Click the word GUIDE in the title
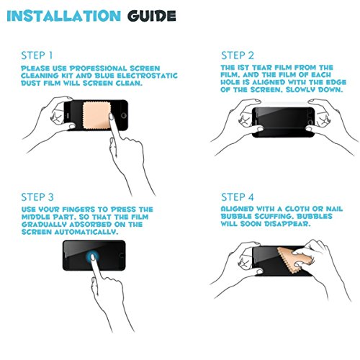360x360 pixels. click(x=152, y=16)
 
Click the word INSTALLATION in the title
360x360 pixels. click(x=64, y=16)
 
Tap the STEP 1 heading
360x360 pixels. click(x=37, y=55)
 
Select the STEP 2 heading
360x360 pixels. click(x=238, y=55)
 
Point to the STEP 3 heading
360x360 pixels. click(x=37, y=197)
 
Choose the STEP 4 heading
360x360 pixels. click(x=238, y=197)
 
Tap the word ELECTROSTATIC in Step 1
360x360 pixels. click(x=147, y=76)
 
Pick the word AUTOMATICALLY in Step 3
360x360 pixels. click(x=86, y=232)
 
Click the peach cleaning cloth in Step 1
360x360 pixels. click(x=96, y=115)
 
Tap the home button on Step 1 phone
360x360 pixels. click(x=124, y=116)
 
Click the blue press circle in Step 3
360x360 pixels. click(x=92, y=257)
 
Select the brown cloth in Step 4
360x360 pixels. click(x=292, y=261)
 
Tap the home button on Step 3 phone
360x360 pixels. click(x=122, y=256)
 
